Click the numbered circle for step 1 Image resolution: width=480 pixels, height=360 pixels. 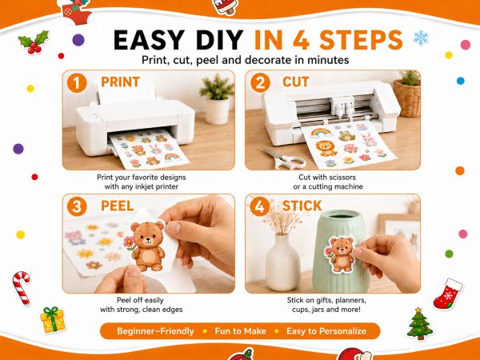[x=77, y=83]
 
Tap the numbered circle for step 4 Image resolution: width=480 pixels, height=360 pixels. [x=259, y=206]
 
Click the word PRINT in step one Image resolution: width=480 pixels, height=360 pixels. [x=120, y=82]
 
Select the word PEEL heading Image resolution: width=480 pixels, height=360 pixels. [x=118, y=206]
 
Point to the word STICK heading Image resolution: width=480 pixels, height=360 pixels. [x=302, y=206]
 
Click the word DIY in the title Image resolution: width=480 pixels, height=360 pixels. [x=219, y=40]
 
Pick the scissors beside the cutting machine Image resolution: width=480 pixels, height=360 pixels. [x=283, y=158]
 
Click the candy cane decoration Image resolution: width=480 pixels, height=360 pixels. [x=22, y=288]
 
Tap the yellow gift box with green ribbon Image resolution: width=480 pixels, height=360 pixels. [x=53, y=320]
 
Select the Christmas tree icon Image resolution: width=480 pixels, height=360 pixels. [x=420, y=324]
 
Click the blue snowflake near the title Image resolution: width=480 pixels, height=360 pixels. [x=422, y=38]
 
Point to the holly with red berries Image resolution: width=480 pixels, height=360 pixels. [x=34, y=42]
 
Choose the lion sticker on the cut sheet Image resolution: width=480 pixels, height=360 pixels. [x=326, y=148]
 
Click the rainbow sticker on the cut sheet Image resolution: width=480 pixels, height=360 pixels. [x=321, y=133]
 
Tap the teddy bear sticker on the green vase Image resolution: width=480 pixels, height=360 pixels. [x=340, y=254]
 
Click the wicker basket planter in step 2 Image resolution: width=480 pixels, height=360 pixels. [x=407, y=98]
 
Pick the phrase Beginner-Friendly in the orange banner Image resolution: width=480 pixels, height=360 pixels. [x=155, y=331]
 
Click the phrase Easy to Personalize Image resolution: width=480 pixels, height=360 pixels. [x=326, y=331]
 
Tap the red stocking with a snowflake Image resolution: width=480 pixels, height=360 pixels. [x=448, y=294]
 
